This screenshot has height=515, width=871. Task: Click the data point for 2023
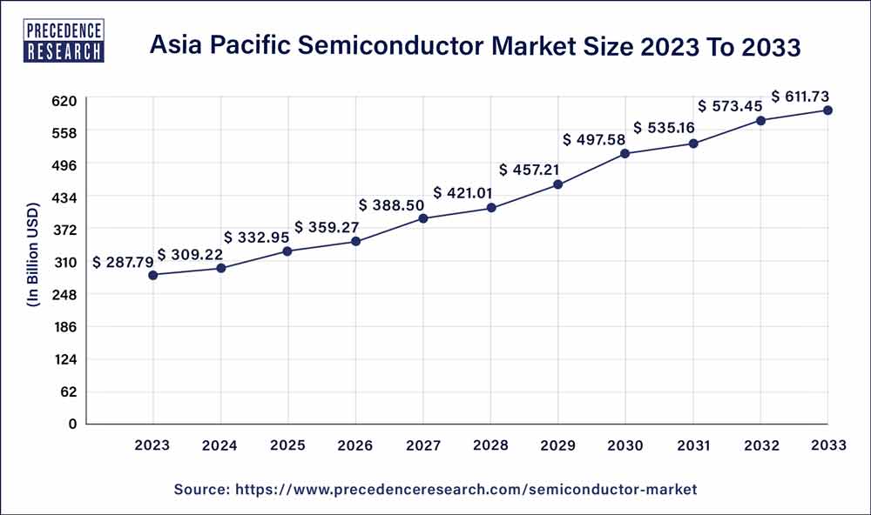click(x=153, y=275)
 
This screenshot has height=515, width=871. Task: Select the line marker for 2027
click(x=423, y=218)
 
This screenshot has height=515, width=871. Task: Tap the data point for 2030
click(x=625, y=154)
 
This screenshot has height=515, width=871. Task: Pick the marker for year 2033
click(x=828, y=110)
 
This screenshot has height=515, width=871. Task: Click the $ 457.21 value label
click(x=530, y=169)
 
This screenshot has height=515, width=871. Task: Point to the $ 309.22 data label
click(x=190, y=255)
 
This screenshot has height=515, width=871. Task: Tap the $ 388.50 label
click(x=391, y=204)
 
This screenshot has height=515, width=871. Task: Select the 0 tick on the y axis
click(x=74, y=424)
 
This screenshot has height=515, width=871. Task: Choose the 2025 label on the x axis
click(x=288, y=445)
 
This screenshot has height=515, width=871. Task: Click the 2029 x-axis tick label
click(x=558, y=445)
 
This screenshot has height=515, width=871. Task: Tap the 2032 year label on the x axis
click(x=760, y=445)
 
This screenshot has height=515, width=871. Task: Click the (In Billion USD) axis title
click(x=33, y=262)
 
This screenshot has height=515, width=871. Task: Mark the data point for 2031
click(x=693, y=144)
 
